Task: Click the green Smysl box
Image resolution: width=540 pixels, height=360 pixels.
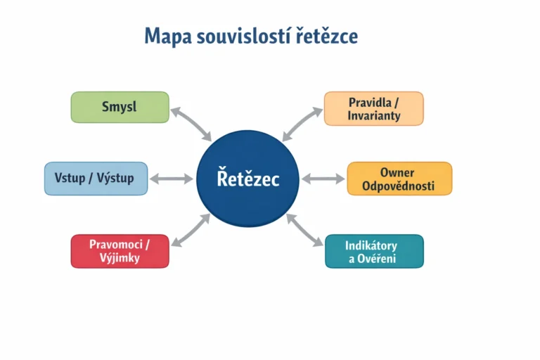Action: [120, 107]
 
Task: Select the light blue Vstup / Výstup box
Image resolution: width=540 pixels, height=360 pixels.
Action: [96, 179]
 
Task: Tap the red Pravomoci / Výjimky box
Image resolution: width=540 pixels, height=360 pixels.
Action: [120, 251]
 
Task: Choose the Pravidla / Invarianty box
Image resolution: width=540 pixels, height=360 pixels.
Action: [373, 108]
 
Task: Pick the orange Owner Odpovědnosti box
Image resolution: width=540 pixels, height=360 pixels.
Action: [399, 179]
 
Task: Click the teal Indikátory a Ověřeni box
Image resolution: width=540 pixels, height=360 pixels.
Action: [374, 251]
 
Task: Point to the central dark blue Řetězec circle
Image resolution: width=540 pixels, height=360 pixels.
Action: [247, 179]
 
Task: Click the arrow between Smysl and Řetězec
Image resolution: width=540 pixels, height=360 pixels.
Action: [191, 124]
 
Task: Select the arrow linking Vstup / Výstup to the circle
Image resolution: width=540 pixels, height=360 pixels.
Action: [172, 179]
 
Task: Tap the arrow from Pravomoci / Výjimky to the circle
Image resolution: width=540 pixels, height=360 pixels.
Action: [191, 230]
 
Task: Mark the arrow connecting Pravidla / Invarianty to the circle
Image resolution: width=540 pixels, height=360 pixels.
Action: [302, 124]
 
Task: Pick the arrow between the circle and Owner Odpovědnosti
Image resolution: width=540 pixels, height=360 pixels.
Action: [323, 179]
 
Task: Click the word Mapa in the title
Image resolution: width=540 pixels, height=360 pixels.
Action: [168, 36]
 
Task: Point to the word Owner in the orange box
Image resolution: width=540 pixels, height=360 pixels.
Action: [397, 172]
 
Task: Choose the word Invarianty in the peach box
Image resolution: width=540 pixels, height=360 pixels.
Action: [374, 115]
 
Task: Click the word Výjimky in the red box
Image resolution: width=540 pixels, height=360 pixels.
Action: [120, 258]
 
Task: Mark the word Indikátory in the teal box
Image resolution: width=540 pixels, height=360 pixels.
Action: [371, 245]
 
